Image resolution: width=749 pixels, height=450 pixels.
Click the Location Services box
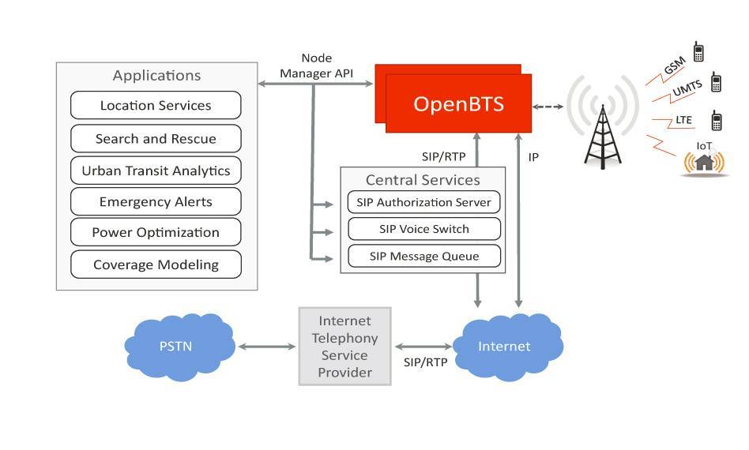(156, 106)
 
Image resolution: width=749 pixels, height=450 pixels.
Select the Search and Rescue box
(156, 139)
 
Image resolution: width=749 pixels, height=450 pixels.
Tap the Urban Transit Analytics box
(156, 171)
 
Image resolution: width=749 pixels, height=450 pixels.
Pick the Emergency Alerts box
(156, 201)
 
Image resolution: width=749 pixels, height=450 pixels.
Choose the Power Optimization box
(156, 232)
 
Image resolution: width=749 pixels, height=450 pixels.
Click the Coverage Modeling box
(156, 264)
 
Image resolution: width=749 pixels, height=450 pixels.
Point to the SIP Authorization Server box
(423, 202)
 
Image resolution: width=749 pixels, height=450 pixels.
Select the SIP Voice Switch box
(423, 229)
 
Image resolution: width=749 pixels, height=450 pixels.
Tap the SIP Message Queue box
(423, 256)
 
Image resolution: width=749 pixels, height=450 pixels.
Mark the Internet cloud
(504, 346)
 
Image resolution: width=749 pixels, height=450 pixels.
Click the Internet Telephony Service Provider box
(344, 346)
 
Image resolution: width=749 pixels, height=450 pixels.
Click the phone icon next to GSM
(698, 52)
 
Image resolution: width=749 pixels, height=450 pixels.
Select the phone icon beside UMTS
(716, 82)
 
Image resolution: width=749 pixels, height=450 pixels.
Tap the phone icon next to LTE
(716, 121)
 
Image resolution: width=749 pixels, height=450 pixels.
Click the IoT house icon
(703, 162)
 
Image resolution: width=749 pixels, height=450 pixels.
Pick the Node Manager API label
(316, 66)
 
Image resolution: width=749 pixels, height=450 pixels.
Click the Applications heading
(156, 76)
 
